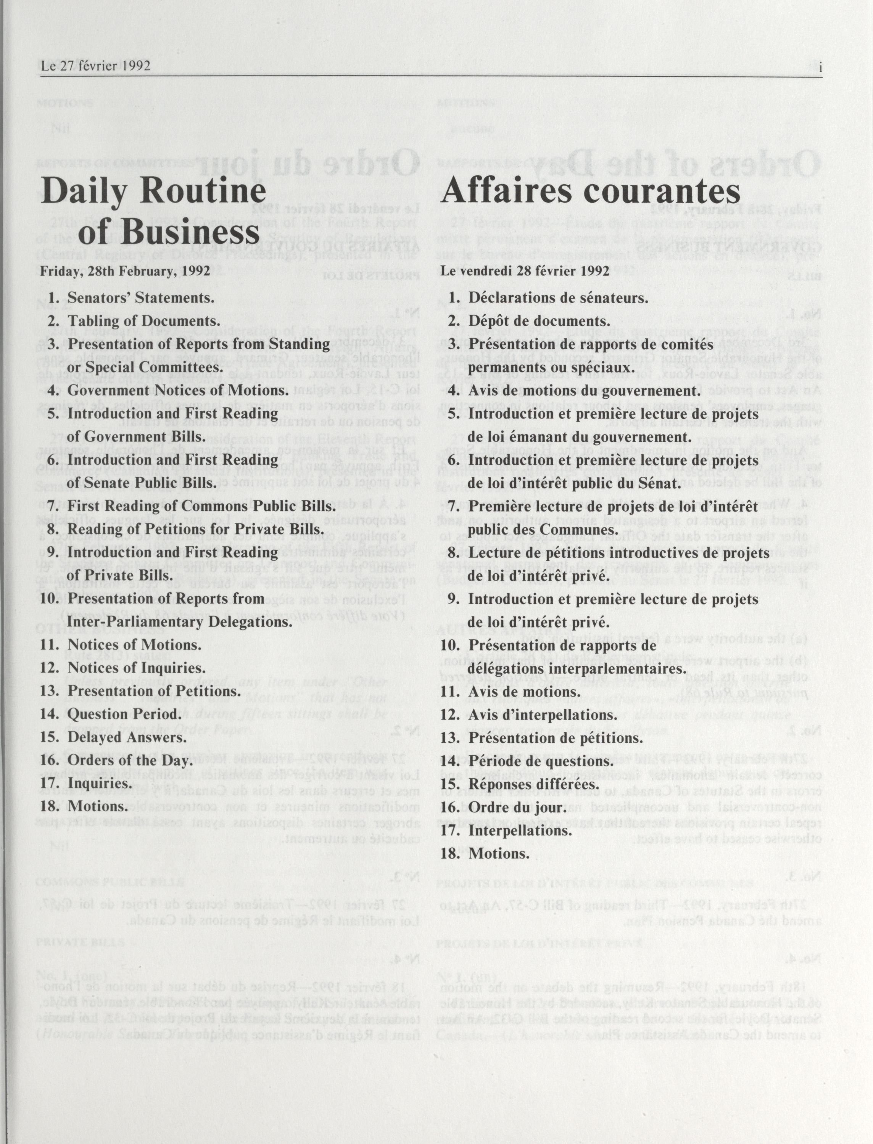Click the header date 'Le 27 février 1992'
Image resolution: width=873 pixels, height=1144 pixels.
(96, 66)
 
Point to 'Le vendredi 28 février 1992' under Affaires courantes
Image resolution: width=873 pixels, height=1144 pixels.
(525, 271)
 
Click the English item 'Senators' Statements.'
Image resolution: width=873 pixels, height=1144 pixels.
(141, 298)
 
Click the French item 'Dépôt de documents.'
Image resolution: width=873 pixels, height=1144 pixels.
(539, 321)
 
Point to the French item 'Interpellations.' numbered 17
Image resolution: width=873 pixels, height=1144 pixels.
(520, 830)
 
